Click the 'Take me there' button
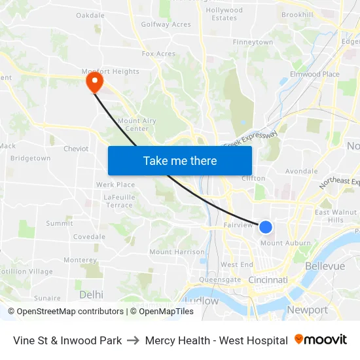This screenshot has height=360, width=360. point(180,160)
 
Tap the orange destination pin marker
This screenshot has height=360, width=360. point(94,81)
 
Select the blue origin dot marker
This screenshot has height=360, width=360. point(266,226)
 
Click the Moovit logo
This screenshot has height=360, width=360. point(321,340)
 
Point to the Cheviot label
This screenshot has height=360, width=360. point(76,149)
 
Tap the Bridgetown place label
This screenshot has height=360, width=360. point(31,158)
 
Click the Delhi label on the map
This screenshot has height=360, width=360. point(91,295)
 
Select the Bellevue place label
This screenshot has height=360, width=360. point(325,266)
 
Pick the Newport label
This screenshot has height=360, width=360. point(307,310)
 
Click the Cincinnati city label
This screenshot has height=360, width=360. point(268,280)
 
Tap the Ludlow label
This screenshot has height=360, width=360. point(202,301)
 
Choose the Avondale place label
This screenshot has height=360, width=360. point(301,171)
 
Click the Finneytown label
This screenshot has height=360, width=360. point(253,42)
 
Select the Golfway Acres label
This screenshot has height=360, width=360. point(166,25)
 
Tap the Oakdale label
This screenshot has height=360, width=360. point(90,15)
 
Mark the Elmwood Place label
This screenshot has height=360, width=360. point(317,75)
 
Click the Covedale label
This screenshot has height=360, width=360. point(89,237)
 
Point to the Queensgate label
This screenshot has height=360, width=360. point(220,279)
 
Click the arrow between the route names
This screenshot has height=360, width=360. point(134,340)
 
